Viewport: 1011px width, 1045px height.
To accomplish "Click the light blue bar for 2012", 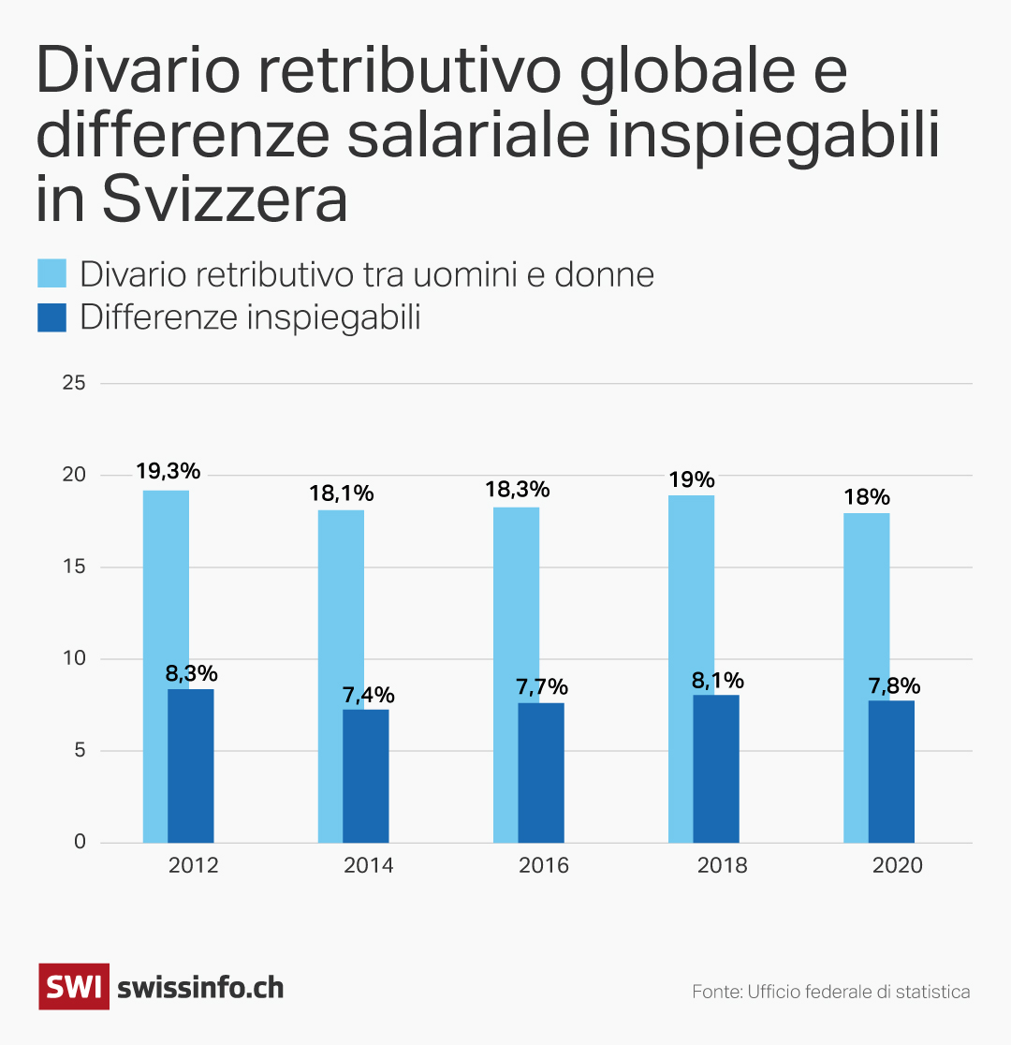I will click(155, 655).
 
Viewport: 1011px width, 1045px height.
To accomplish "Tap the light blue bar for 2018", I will click(681, 655).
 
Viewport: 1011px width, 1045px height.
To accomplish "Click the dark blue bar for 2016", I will click(541, 773).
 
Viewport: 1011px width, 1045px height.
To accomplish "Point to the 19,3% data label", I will click(168, 471).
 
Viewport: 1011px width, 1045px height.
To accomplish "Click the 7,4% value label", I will click(368, 695).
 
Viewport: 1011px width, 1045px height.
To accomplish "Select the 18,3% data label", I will click(517, 489).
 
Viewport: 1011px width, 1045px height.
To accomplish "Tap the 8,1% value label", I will click(718, 680).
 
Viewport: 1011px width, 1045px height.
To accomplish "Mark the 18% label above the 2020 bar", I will click(866, 496).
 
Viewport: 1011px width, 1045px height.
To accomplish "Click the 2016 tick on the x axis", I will click(543, 865).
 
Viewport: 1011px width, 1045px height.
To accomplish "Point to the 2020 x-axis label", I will click(897, 865).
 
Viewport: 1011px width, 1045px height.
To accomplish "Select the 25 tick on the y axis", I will click(74, 383).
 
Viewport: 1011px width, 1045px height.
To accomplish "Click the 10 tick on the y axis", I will click(74, 658).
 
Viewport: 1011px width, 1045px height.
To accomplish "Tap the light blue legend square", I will click(52, 274).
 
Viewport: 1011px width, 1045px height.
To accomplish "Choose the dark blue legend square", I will click(52, 317).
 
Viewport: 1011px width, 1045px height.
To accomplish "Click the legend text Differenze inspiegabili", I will click(250, 317).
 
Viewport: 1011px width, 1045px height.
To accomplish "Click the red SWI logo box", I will click(73, 987).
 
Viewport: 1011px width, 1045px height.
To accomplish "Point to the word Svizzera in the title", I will click(224, 199).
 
